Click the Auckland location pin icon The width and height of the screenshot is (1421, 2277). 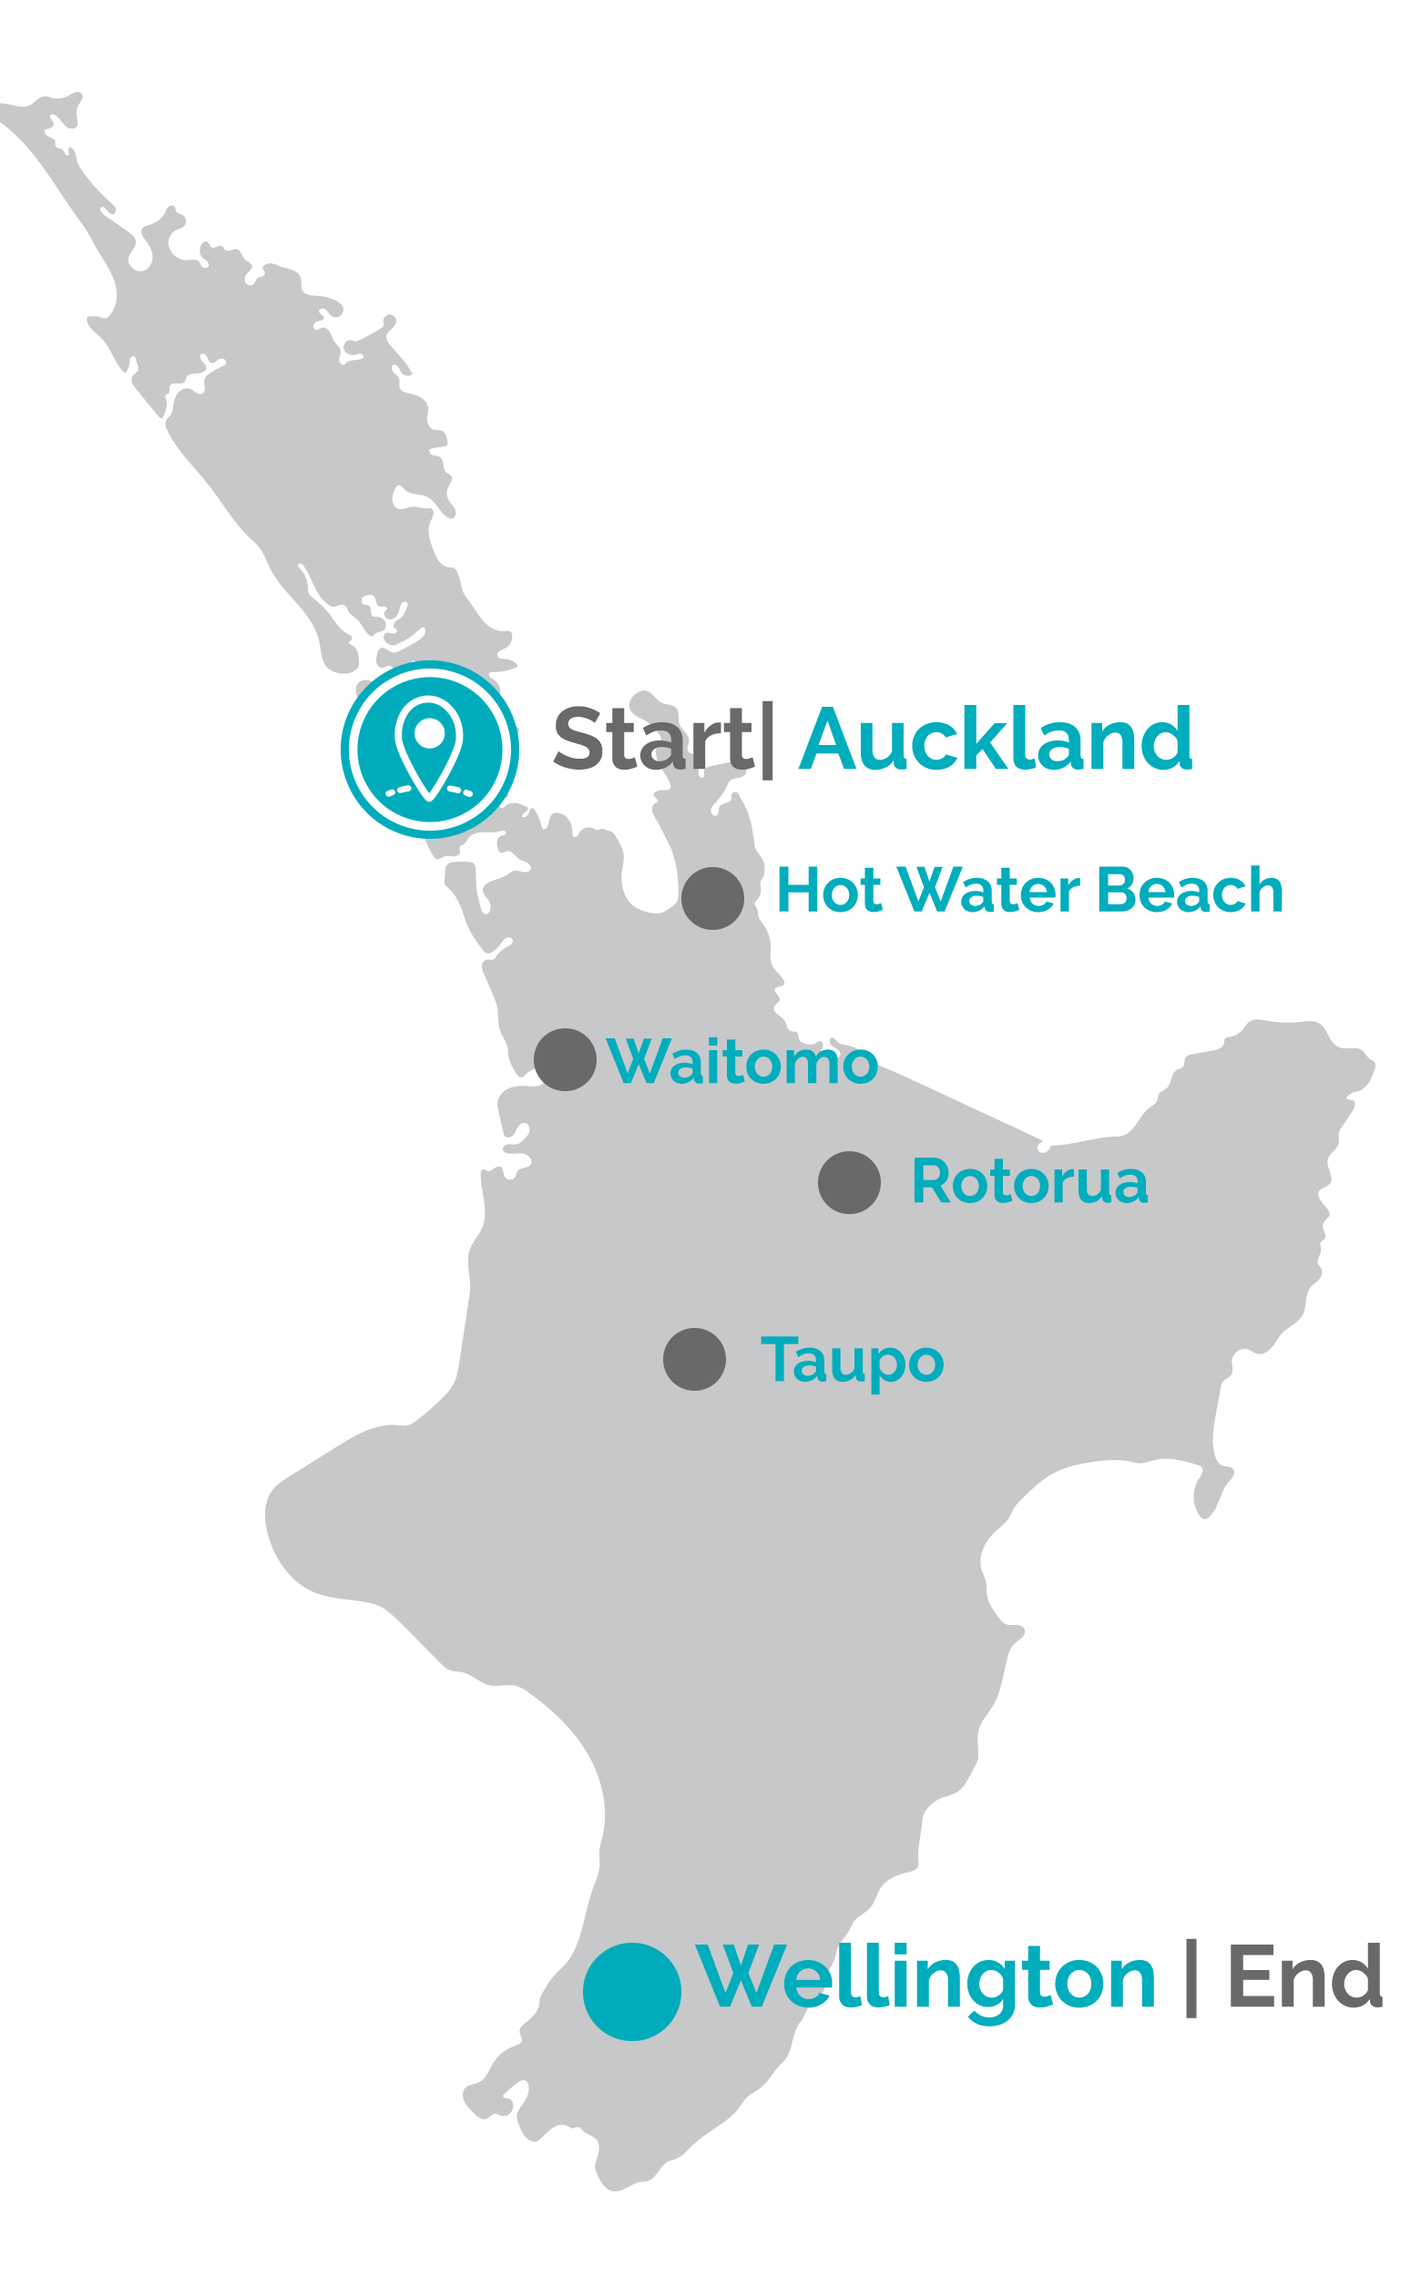pyautogui.click(x=430, y=749)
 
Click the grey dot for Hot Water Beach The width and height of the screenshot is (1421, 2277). pyautogui.click(x=712, y=898)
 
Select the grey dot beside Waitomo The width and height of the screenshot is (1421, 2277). pyautogui.click(x=565, y=1060)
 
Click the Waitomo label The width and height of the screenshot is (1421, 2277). pyautogui.click(x=742, y=1062)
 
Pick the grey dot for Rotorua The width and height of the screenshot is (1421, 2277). pyautogui.click(x=850, y=1183)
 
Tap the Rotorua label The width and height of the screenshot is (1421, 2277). pyautogui.click(x=1029, y=1182)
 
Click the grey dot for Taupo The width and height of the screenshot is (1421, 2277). pyautogui.click(x=694, y=1360)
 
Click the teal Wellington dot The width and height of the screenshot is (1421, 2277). pyautogui.click(x=631, y=1992)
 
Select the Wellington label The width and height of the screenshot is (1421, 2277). pyautogui.click(x=926, y=1980)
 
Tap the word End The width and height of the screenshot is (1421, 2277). pyautogui.click(x=1304, y=1978)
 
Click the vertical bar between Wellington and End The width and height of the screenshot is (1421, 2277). pyautogui.click(x=1191, y=1978)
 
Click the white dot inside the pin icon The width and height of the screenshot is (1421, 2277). pyautogui.click(x=430, y=733)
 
